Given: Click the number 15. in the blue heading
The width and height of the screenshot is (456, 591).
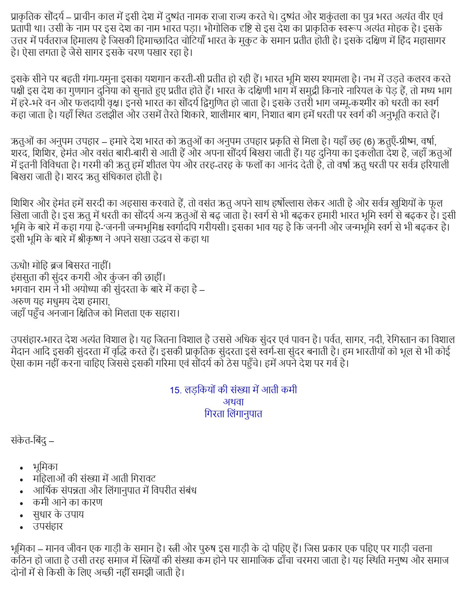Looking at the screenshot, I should [x=176, y=390].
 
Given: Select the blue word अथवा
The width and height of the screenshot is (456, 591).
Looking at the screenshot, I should [x=233, y=402].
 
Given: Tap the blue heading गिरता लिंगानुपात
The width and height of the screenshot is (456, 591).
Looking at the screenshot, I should [x=233, y=414].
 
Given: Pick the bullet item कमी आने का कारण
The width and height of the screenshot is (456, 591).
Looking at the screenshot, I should [x=68, y=503].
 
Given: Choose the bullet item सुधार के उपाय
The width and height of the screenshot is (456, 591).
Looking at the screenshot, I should [x=58, y=515].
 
